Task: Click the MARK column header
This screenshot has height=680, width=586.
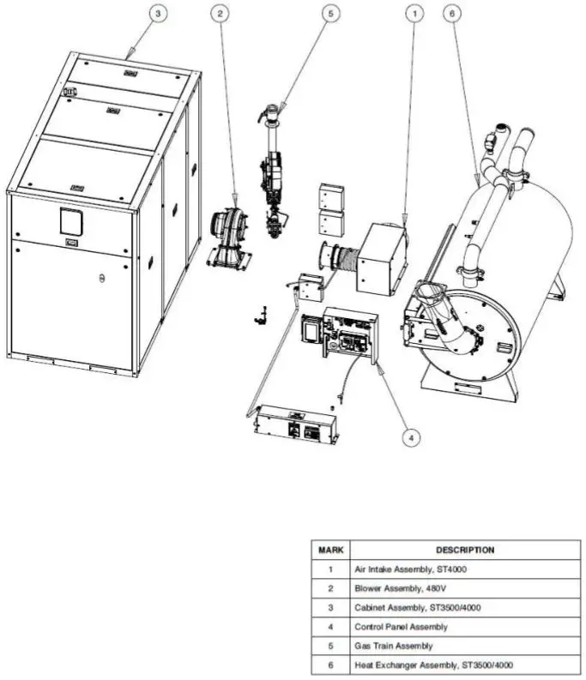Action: tap(329, 550)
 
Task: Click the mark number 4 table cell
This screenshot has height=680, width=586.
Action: tap(329, 627)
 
